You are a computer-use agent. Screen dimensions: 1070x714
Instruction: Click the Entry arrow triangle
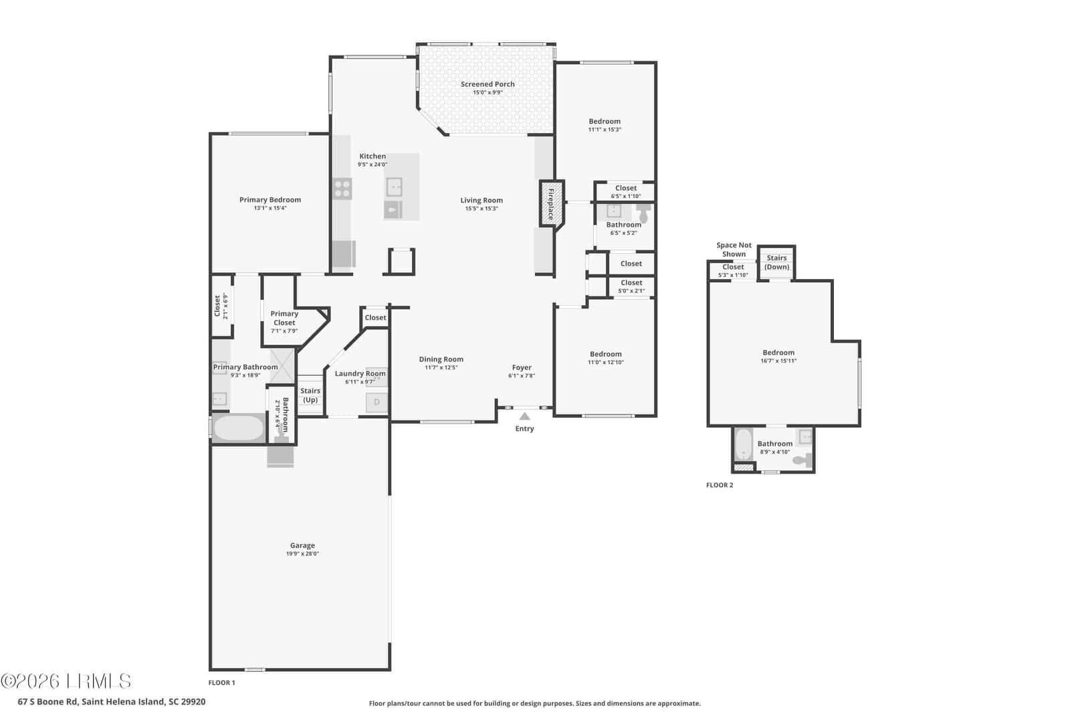(524, 416)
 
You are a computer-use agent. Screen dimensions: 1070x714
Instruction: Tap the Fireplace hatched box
(552, 203)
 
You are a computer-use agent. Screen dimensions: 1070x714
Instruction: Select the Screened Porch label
(488, 84)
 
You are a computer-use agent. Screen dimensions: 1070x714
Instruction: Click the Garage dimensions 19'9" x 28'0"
(302, 554)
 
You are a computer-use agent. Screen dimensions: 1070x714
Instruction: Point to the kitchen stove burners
(342, 188)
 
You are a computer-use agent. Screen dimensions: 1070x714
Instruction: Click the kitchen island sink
(394, 187)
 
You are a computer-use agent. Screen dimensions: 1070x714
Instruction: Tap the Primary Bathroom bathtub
(239, 428)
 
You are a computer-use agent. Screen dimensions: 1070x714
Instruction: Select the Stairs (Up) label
(310, 395)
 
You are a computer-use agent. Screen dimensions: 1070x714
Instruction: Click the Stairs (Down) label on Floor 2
(776, 262)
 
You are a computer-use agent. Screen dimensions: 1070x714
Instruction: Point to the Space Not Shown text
(734, 250)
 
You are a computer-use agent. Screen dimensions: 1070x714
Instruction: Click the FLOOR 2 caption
(720, 485)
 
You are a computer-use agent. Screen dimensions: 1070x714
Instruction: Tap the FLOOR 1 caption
(221, 683)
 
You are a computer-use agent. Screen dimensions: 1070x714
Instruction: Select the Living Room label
(481, 200)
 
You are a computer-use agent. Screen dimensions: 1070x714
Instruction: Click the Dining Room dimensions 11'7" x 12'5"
(441, 367)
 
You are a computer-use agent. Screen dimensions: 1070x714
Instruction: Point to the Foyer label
(522, 367)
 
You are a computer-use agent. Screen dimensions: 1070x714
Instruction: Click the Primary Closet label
(284, 318)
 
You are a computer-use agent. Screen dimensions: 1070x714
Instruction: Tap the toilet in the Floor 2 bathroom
(802, 460)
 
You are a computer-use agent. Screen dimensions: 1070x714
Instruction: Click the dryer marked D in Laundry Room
(377, 402)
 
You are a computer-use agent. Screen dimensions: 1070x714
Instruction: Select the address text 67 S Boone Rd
(47, 701)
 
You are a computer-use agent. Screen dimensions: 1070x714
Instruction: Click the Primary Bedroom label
(270, 200)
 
